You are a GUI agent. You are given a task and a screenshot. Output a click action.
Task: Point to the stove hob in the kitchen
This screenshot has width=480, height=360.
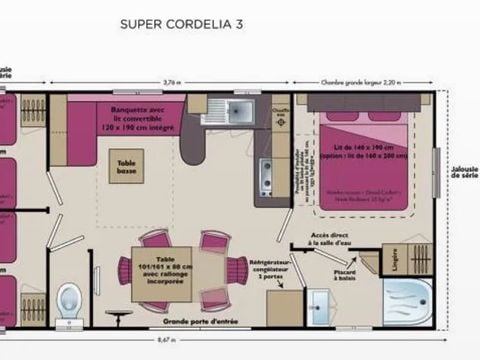tap(267, 178)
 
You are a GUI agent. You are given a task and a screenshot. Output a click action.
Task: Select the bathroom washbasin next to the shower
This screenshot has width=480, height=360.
tap(320, 303)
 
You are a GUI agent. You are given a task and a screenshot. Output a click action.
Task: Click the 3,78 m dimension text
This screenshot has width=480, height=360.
tap(171, 83)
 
